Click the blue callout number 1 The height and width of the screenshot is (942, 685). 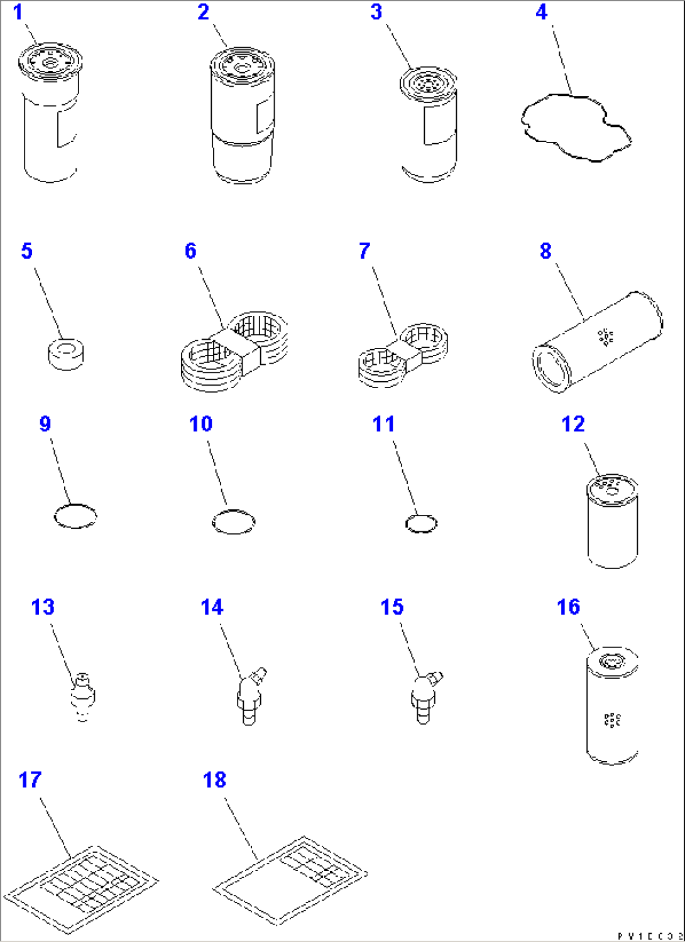pos(18,12)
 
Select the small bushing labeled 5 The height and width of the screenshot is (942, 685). pos(66,354)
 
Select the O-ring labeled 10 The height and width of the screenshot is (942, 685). pos(234,522)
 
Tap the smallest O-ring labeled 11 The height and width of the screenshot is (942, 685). pos(421,524)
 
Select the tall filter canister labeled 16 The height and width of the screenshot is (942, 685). pos(611,706)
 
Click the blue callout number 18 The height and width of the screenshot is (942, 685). pos(214,780)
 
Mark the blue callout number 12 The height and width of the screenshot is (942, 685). pos(573,424)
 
